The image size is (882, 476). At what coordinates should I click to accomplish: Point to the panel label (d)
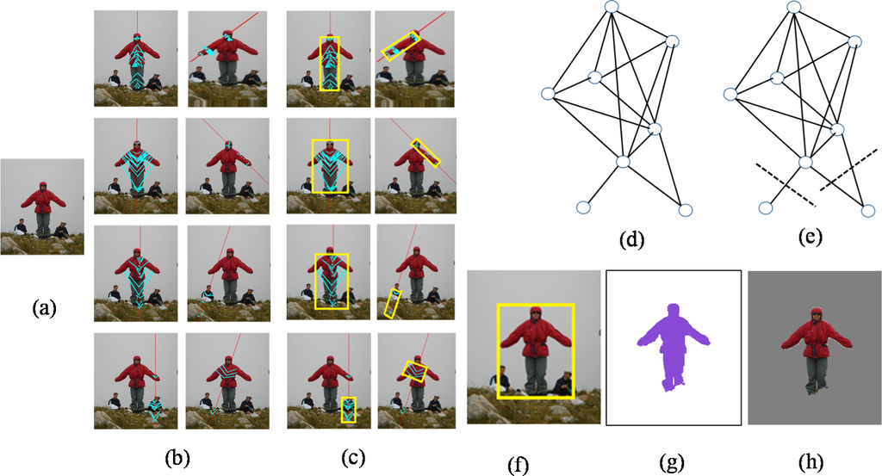632,238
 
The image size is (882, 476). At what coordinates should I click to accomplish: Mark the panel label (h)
812,464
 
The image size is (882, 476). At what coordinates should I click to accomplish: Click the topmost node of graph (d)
612,7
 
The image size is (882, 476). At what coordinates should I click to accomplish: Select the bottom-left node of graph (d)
583,207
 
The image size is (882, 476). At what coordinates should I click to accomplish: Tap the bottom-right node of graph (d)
686,209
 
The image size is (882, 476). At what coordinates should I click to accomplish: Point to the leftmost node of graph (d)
548,93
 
